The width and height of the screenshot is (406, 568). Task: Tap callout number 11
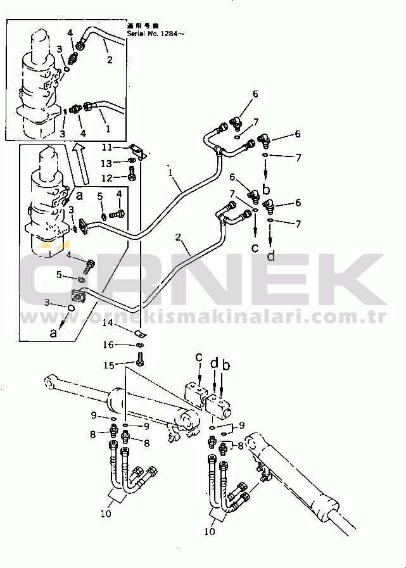[x=108, y=147]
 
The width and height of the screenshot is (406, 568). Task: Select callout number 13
[x=108, y=163]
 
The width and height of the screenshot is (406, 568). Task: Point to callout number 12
[x=108, y=177]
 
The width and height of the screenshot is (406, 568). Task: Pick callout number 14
[x=108, y=323]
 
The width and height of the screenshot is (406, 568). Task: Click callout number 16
[x=108, y=345]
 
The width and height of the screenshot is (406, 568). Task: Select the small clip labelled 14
[x=141, y=334]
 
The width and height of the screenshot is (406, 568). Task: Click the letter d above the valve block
[x=214, y=363]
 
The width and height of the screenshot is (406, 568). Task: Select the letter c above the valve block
[x=199, y=358]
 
